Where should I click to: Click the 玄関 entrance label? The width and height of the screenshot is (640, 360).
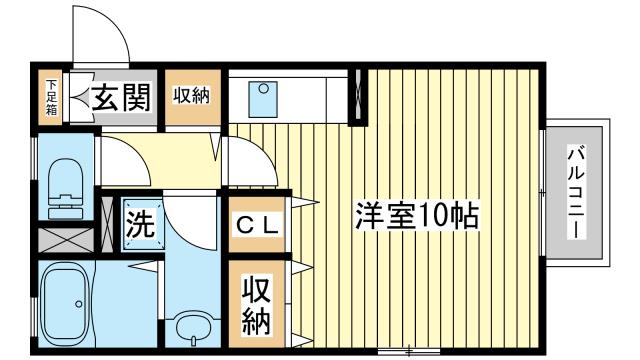pos(121,97)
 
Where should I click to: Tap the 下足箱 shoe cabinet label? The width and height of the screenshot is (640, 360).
pos(51,97)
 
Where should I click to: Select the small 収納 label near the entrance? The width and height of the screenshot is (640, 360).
pos(191,96)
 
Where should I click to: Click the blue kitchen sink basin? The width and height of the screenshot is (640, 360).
pos(263,99)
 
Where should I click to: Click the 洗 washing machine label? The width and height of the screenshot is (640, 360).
pos(140,224)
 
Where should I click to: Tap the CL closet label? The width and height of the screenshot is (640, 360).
pos(257,225)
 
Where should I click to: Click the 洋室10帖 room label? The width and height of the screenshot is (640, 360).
pos(416,216)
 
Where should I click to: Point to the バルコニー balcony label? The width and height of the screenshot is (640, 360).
pos(576,191)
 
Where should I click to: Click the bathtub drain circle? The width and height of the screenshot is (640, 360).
pos(79,304)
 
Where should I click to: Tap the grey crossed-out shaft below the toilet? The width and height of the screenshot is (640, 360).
pos(66,240)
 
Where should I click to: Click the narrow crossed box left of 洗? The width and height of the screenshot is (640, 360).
pos(107,224)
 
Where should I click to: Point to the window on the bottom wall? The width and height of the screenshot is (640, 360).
pos(409,351)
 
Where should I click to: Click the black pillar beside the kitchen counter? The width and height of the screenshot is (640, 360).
pos(358,96)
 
